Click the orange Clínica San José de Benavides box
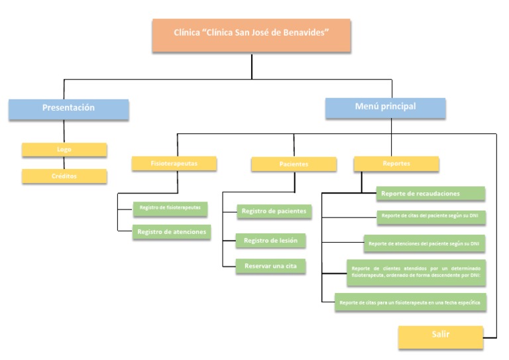click(251, 36)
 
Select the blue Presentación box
click(69, 108)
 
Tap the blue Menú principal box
click(385, 107)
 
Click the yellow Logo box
click(64, 150)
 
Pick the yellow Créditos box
click(64, 176)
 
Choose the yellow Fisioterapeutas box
click(174, 162)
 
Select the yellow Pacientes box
click(294, 164)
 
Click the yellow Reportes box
click(396, 163)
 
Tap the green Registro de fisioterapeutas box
click(170, 208)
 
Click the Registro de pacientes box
click(273, 211)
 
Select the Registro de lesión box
click(270, 240)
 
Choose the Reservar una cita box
click(270, 266)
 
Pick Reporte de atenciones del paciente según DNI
click(425, 243)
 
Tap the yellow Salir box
click(440, 335)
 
